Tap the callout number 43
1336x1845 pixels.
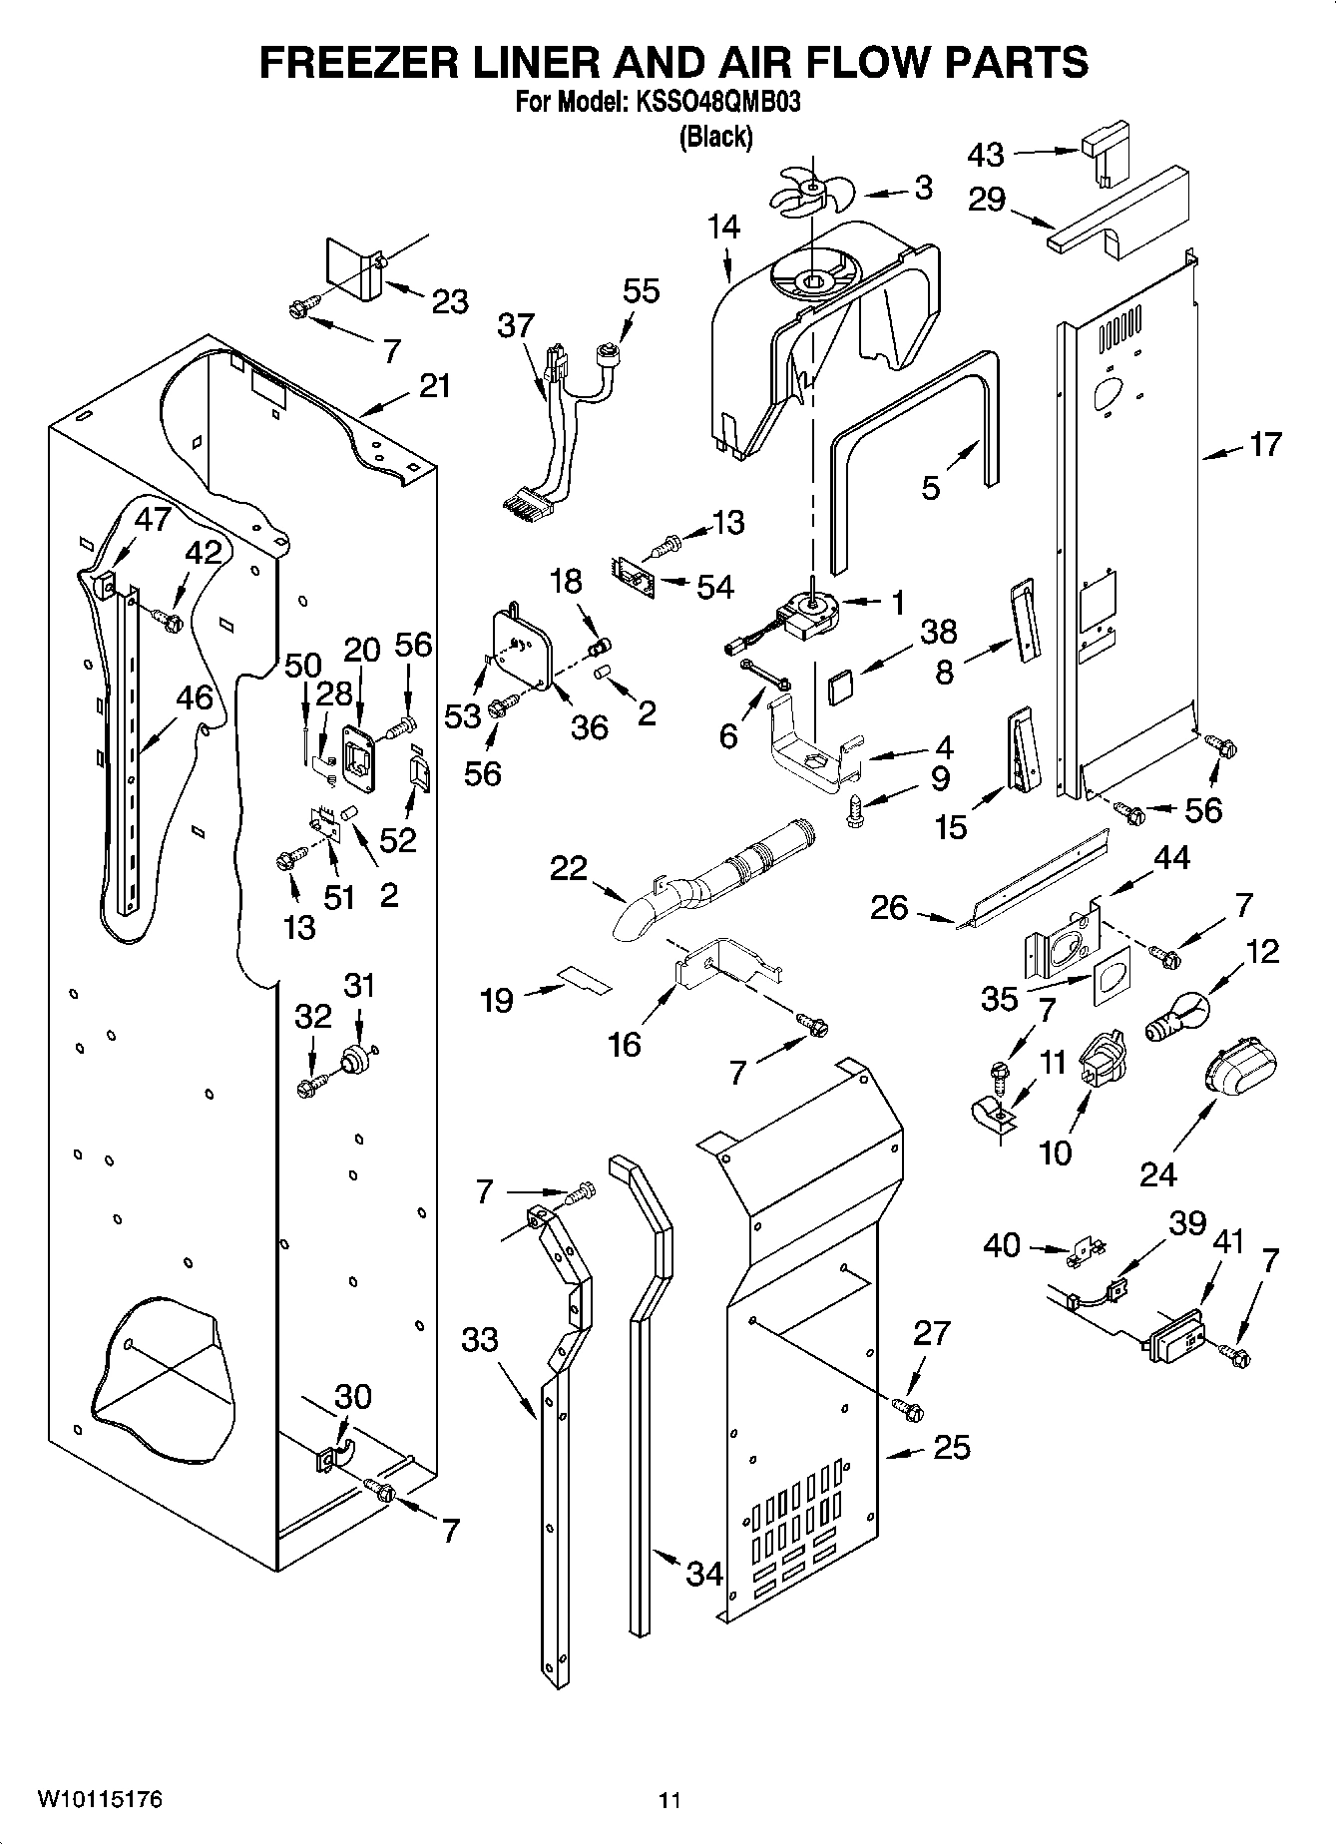point(986,155)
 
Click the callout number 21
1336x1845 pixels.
point(434,386)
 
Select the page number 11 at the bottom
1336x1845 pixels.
point(669,1801)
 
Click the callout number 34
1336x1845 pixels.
point(704,1574)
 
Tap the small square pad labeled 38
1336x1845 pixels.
point(840,687)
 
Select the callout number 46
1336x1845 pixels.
point(194,697)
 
